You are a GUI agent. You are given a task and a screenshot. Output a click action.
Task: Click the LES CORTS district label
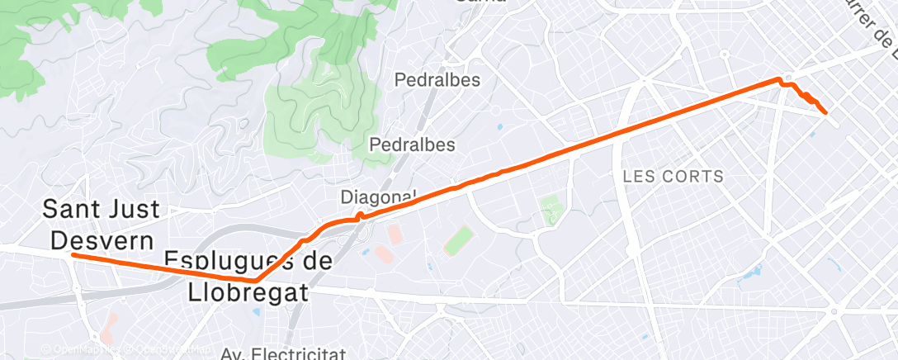pyautogui.click(x=673, y=176)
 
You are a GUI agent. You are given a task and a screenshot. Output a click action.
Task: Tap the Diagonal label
pyautogui.click(x=377, y=197)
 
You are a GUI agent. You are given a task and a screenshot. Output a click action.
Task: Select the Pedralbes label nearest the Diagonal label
pyautogui.click(x=412, y=144)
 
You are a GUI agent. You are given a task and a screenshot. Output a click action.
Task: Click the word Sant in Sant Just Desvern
pyautogui.click(x=73, y=209)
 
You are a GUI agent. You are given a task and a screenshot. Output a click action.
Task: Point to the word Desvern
pyautogui.click(x=102, y=240)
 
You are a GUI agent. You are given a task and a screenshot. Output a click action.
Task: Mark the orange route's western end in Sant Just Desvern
pyautogui.click(x=73, y=255)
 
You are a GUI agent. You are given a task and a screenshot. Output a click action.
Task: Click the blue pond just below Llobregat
pyautogui.click(x=255, y=311)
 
